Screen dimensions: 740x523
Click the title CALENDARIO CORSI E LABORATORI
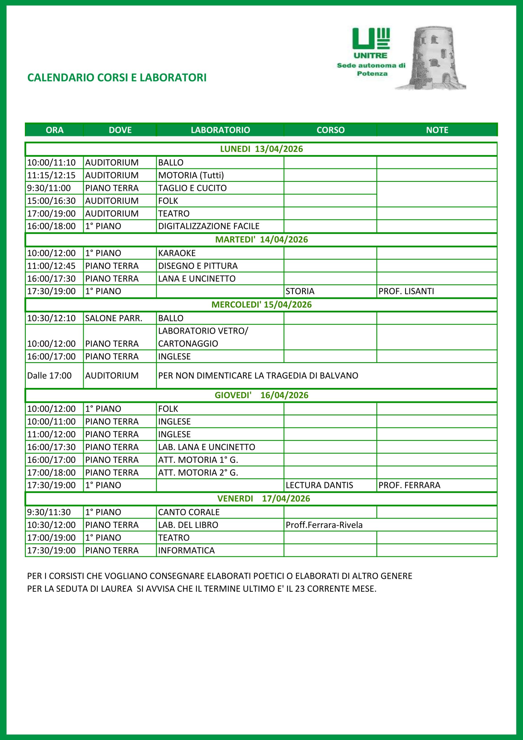(117, 78)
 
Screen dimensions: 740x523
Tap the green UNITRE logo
(371, 44)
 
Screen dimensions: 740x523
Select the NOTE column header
(437, 130)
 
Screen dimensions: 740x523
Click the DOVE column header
(120, 130)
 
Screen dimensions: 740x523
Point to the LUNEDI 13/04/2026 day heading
(261, 149)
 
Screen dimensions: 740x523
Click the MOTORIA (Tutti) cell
(191, 175)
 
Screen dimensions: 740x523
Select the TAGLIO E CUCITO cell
(192, 188)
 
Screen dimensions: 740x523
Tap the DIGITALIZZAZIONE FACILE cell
(209, 226)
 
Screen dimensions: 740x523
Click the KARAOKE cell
(177, 253)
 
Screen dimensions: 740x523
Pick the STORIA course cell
(300, 291)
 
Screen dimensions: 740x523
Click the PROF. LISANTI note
(406, 291)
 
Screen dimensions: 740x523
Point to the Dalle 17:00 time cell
(49, 375)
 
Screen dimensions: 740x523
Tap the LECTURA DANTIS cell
(319, 485)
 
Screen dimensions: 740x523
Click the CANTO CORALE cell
(188, 512)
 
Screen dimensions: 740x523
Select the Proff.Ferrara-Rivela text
(324, 525)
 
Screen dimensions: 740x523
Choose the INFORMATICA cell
(186, 550)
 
